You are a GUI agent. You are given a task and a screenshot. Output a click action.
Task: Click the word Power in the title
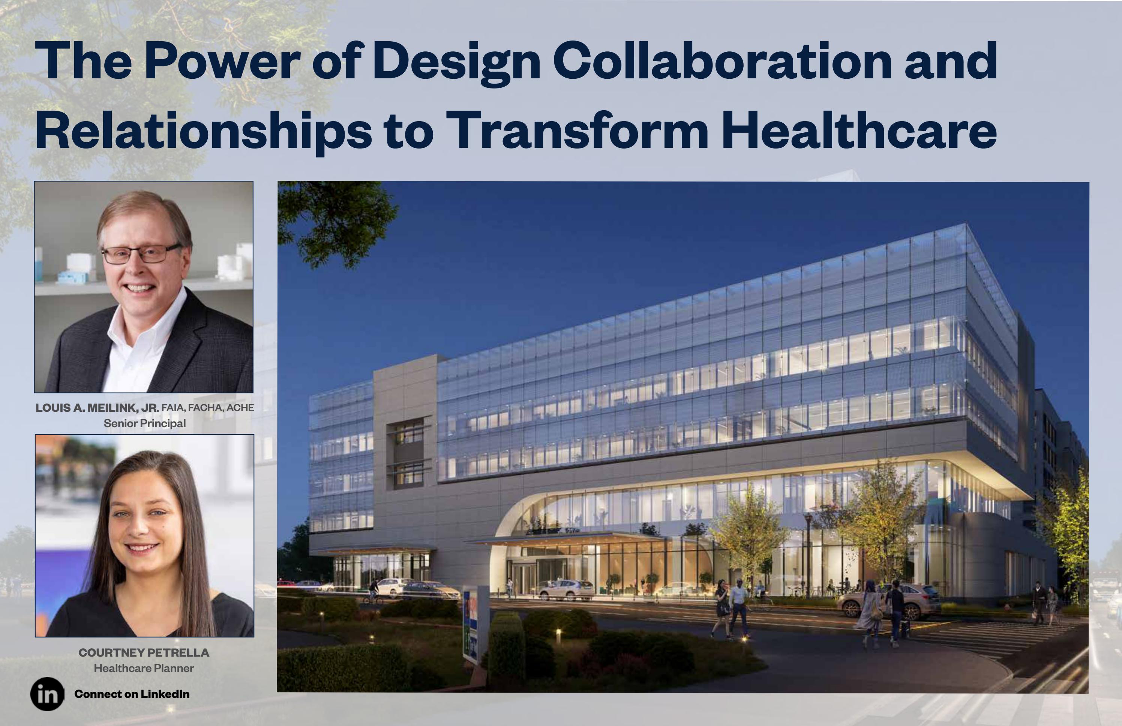(x=222, y=61)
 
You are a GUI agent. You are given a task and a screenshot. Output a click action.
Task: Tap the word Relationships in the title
(x=203, y=130)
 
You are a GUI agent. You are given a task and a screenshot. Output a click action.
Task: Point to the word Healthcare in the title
(x=858, y=130)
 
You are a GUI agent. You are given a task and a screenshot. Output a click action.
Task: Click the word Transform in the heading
(x=577, y=130)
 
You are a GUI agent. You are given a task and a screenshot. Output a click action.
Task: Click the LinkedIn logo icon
(x=47, y=693)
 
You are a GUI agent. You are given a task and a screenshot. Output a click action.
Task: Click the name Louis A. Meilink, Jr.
(x=97, y=408)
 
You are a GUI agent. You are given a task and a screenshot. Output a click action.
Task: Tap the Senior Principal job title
(x=145, y=423)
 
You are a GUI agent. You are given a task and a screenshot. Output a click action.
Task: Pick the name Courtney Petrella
(x=144, y=652)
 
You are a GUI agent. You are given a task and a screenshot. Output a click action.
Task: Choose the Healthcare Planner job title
(x=144, y=668)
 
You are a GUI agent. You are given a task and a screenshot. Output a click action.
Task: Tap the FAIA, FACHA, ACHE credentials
(x=207, y=408)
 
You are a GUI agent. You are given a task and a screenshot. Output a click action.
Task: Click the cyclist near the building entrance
(x=374, y=590)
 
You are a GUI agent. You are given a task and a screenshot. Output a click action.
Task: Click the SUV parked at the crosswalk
(x=891, y=601)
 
